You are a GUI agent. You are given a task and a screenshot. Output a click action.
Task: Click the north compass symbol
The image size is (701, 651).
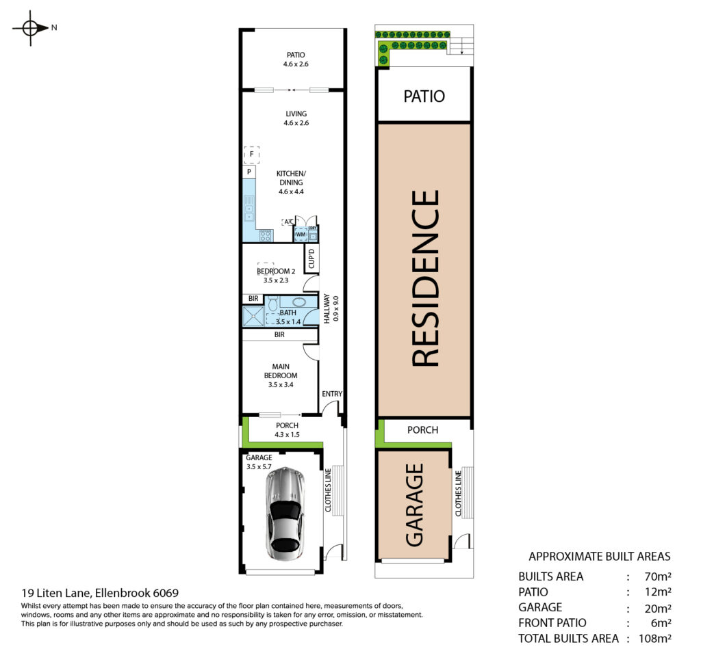[x=30, y=28]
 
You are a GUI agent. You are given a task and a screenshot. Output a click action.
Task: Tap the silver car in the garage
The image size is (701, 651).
[x=285, y=514]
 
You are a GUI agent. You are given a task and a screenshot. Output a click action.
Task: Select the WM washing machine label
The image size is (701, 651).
[x=301, y=235]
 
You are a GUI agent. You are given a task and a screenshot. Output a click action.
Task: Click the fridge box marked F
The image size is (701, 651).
[x=252, y=155]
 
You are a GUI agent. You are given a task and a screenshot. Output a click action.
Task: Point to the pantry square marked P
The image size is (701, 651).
[x=249, y=172]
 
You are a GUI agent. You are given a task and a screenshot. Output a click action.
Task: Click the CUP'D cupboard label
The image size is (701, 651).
[x=311, y=258]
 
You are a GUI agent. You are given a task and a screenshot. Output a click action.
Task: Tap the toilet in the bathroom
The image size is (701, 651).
[x=273, y=303]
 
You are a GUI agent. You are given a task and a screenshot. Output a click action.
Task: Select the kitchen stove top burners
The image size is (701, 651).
[x=266, y=235]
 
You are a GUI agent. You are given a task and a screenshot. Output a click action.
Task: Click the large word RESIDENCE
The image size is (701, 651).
[x=425, y=278]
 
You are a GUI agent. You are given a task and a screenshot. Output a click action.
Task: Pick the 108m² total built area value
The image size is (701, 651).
[x=655, y=638]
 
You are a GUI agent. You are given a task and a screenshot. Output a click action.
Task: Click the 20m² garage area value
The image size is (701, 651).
[x=658, y=608]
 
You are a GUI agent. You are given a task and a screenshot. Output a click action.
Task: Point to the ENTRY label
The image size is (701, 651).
[x=332, y=394]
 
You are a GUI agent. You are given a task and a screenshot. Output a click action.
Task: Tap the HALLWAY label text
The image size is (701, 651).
[x=327, y=308]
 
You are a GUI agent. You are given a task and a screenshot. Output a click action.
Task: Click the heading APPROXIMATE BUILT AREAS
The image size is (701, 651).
[x=600, y=557]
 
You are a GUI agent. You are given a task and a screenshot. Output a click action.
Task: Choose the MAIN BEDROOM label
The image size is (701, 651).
[x=281, y=371]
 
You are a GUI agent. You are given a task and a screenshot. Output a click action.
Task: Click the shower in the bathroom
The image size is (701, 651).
[x=253, y=316]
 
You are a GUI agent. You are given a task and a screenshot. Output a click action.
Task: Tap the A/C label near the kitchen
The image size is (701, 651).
[x=289, y=222]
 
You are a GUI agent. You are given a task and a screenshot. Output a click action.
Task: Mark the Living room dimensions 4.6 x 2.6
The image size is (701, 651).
[x=296, y=123]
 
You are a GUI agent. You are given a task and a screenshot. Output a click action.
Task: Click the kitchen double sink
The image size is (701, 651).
[x=248, y=209]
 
